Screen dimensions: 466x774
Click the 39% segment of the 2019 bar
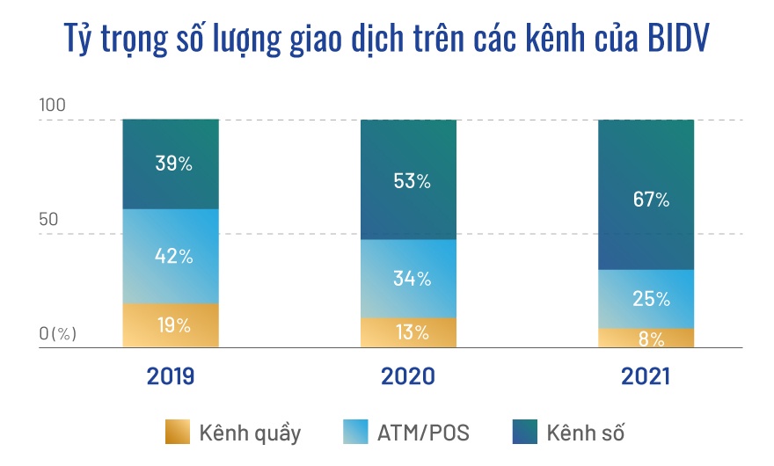pyautogui.click(x=171, y=164)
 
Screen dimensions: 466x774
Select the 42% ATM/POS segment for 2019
pyautogui.click(x=171, y=257)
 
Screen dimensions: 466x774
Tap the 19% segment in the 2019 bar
pyautogui.click(x=171, y=325)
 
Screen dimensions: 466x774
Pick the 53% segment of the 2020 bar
pyautogui.click(x=408, y=180)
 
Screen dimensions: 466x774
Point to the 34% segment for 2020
pyautogui.click(x=408, y=279)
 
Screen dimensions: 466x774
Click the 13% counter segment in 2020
pyautogui.click(x=408, y=332)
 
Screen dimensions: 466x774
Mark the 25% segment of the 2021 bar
pyautogui.click(x=646, y=298)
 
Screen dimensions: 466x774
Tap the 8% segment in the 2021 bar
pyautogui.click(x=646, y=338)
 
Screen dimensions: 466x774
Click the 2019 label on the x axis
pyautogui.click(x=171, y=377)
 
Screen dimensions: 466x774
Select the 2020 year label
pyautogui.click(x=408, y=377)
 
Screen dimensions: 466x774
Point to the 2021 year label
pyautogui.click(x=646, y=377)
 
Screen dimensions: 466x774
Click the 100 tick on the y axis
pyautogui.click(x=53, y=106)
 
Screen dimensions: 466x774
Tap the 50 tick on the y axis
pyautogui.click(x=49, y=219)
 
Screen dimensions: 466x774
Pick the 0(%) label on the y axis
pyautogui.click(x=58, y=333)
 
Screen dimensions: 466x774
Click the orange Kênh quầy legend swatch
pyautogui.click(x=177, y=433)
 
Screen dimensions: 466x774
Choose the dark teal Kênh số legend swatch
pyautogui.click(x=524, y=433)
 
